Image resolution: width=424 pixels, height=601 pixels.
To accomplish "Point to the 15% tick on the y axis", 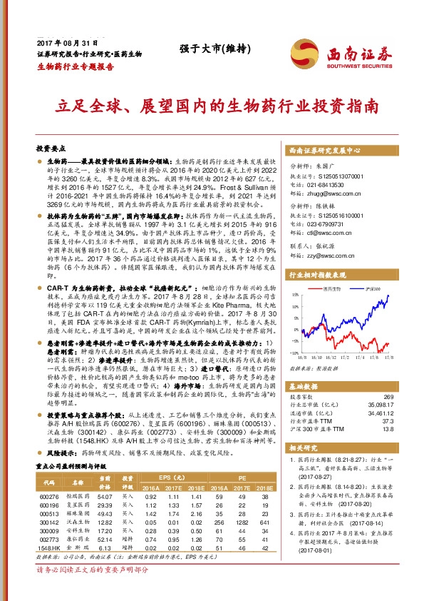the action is click(x=294, y=294).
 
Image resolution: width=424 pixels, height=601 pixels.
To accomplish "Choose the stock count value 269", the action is click(x=388, y=396).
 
